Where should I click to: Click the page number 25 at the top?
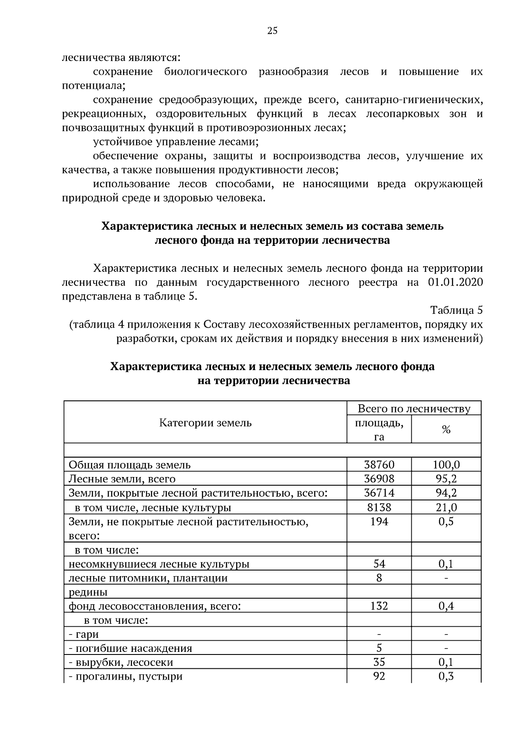pos(273,30)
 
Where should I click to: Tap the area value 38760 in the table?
pos(379,465)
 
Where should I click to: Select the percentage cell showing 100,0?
pos(446,465)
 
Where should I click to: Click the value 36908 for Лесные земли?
pos(379,479)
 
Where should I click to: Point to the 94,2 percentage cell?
pos(446,493)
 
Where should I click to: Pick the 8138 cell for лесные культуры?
pos(379,507)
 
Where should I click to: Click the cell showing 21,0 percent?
pos(446,507)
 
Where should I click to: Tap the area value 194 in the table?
pos(379,522)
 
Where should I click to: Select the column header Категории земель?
pos(205,422)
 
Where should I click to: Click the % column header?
pos(446,429)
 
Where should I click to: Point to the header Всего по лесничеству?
pos(414,409)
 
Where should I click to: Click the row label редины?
pos(88,592)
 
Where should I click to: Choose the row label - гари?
pos(84,634)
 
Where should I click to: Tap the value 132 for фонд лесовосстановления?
pos(379,606)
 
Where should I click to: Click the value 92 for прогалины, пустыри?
pos(379,676)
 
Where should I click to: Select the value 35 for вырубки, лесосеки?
pos(379,662)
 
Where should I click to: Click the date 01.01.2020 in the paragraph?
pos(455,283)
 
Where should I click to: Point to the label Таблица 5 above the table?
pos(456,310)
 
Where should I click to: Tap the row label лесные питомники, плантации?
pos(148,578)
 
